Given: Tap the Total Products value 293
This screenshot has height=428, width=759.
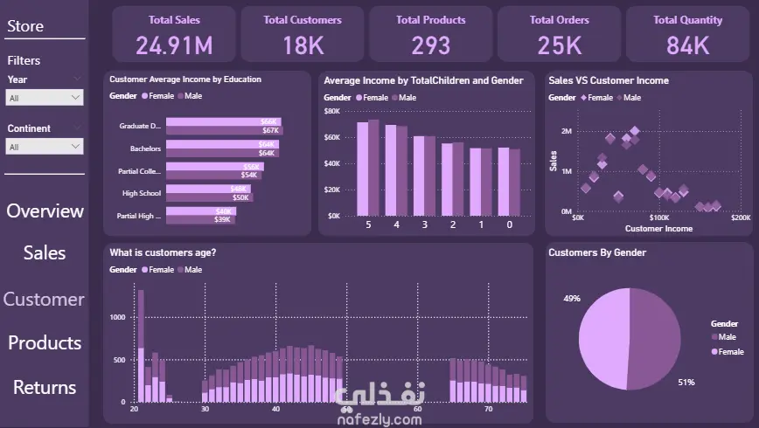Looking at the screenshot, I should (431, 45).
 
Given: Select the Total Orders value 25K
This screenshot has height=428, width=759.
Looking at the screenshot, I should (560, 45).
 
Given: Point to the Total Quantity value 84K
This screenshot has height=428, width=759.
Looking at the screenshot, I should (687, 45).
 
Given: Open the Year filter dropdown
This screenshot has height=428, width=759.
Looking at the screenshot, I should (45, 98).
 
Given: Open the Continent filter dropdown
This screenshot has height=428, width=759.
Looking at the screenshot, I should (45, 147).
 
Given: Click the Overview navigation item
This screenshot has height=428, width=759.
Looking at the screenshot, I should (45, 211).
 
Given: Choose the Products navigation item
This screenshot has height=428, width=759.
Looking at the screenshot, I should (45, 342).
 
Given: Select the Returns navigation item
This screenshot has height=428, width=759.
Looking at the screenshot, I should (45, 387).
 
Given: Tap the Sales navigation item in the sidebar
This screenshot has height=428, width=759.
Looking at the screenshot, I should (45, 252).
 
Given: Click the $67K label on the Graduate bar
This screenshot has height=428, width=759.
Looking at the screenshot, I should (270, 131).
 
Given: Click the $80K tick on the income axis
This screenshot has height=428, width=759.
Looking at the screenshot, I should (332, 111).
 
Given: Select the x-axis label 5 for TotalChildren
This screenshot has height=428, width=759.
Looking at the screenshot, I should (367, 224).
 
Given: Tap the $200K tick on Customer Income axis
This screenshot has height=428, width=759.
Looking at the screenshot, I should (740, 217).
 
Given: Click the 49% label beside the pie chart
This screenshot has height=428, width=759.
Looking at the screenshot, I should (572, 299).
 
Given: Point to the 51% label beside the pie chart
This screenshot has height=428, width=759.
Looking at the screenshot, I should (686, 383).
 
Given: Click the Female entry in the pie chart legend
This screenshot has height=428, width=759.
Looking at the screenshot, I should (731, 351).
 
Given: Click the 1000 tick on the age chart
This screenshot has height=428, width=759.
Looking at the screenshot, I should (117, 318).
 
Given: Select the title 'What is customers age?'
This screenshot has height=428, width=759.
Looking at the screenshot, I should (163, 252).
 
